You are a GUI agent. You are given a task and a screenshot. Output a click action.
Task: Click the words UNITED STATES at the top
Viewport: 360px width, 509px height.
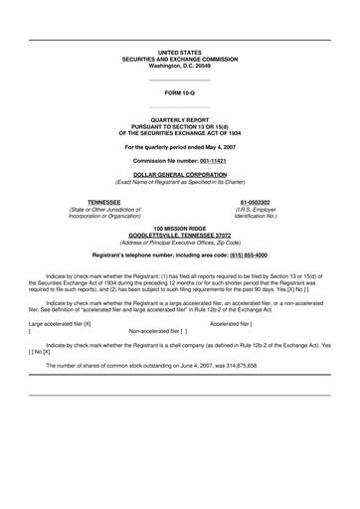(x=180, y=50)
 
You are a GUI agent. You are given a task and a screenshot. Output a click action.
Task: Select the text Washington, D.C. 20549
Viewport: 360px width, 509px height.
(x=180, y=65)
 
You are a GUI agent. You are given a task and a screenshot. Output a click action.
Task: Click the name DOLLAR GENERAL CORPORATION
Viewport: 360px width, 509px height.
(x=180, y=173)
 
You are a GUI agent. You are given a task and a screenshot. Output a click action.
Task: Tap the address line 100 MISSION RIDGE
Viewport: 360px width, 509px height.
(x=180, y=228)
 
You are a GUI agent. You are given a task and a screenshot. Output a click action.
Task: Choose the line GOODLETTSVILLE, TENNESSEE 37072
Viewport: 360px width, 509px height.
(x=180, y=235)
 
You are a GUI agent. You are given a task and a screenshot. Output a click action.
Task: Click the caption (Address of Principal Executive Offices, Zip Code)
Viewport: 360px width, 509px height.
(x=180, y=243)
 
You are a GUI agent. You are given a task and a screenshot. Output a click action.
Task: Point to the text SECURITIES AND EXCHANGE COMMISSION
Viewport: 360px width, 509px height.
(x=180, y=58)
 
